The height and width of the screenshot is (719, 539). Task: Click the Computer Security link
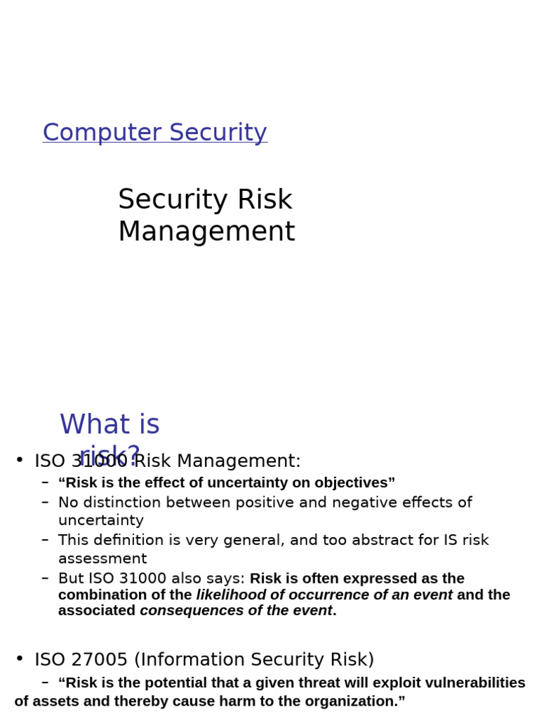[154, 133]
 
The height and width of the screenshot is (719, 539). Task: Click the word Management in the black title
[206, 232]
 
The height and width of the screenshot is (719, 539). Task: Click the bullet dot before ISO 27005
[20, 659]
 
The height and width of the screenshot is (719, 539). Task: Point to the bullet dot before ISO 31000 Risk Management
[20, 460]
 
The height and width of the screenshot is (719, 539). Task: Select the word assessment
[102, 559]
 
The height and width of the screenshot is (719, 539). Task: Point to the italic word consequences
[185, 611]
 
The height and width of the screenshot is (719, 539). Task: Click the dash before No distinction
[45, 502]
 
